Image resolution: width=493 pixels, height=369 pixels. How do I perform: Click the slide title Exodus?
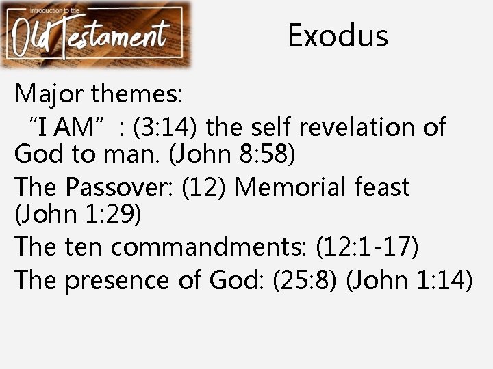pos(338,36)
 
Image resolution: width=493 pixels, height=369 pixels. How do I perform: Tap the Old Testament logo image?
pos(96,34)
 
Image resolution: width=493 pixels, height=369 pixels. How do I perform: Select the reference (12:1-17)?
pos(368,247)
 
